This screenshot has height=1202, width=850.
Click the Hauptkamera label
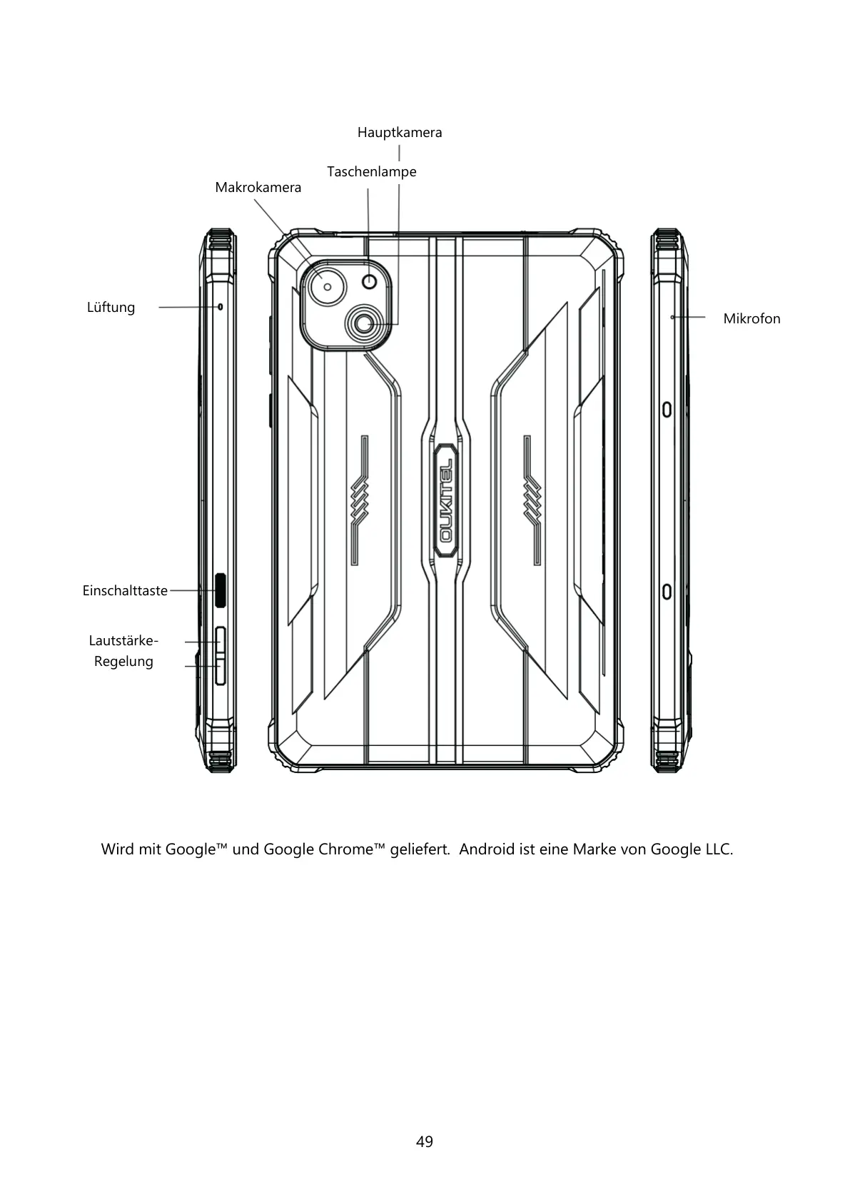point(399,133)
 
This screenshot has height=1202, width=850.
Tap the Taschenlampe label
point(371,172)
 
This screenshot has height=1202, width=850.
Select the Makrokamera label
point(258,188)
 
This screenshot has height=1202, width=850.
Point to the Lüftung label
point(111,308)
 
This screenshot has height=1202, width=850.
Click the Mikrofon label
point(752,319)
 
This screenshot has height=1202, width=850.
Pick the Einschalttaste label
point(125,591)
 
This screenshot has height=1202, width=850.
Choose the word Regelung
point(123,662)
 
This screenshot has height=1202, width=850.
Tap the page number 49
point(425,1142)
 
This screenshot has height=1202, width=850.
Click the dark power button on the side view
point(221,590)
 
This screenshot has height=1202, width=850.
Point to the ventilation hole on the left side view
point(220,306)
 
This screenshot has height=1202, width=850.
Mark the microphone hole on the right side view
point(672,316)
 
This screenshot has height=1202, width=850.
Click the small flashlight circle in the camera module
point(369,282)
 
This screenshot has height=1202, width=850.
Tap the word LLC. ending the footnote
point(719,849)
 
